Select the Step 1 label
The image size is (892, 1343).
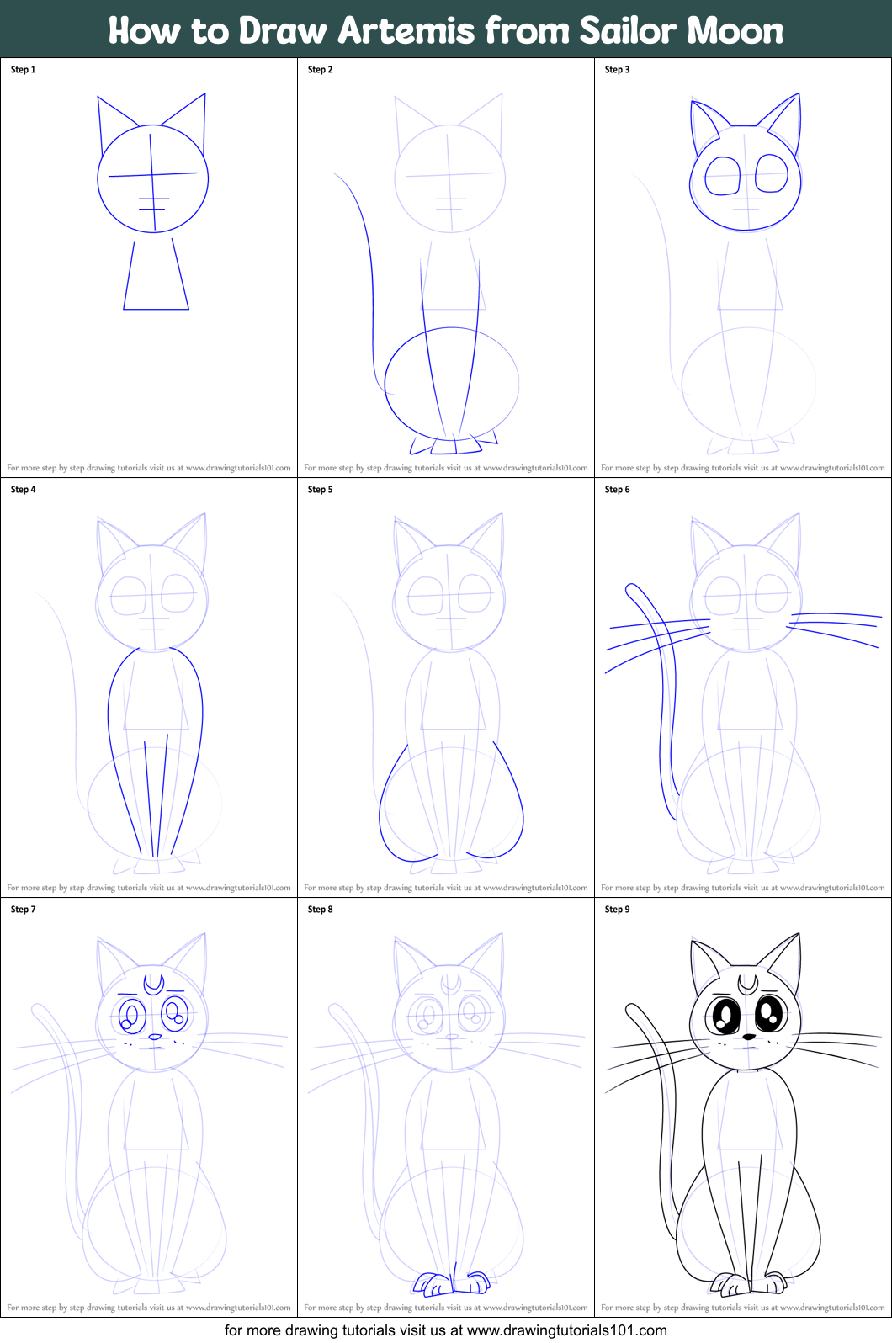click(24, 70)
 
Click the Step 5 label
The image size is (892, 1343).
click(320, 489)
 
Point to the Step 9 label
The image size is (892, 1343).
click(618, 909)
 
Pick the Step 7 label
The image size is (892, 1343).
click(24, 909)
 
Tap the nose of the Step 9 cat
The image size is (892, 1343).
click(749, 1037)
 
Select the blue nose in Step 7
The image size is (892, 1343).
click(155, 1037)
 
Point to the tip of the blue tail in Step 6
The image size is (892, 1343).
click(629, 587)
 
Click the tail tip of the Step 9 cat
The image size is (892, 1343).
click(629, 1007)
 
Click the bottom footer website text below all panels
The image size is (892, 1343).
click(445, 1330)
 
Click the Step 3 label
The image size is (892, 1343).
click(618, 70)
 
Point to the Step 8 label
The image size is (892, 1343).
click(320, 909)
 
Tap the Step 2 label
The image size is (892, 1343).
click(320, 70)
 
